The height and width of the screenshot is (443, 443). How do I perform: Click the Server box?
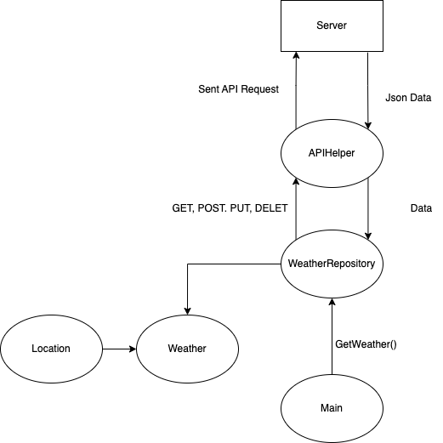[332, 26]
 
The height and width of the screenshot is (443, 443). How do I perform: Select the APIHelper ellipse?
[332, 153]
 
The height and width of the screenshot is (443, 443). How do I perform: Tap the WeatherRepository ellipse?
[332, 264]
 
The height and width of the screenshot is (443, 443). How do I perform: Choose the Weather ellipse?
[186, 349]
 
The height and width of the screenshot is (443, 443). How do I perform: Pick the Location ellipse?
[50, 349]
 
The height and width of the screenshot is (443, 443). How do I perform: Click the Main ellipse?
[332, 408]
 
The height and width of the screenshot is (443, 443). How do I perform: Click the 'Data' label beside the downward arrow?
[421, 208]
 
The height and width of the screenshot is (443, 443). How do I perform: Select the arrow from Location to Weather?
[118, 349]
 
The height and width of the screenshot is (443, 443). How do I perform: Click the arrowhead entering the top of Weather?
[186, 310]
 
